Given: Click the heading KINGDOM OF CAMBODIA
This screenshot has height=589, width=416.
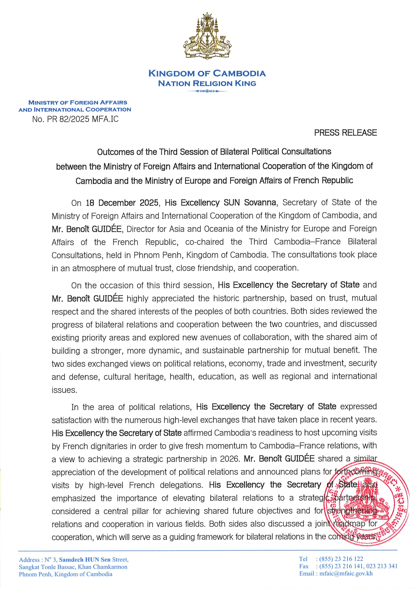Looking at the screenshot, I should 207,73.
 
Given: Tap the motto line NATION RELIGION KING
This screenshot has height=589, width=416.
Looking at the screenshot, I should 207,84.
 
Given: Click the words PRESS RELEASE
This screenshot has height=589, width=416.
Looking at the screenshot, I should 345,133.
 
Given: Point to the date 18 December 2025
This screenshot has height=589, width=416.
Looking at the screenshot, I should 122,203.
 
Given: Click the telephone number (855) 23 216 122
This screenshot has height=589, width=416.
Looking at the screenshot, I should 341,559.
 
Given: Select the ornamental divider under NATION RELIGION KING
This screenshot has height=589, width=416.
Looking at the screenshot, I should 207,91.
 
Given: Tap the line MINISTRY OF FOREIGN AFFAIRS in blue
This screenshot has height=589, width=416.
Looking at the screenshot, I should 78,102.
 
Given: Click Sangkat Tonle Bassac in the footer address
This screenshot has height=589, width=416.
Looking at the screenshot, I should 47,567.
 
